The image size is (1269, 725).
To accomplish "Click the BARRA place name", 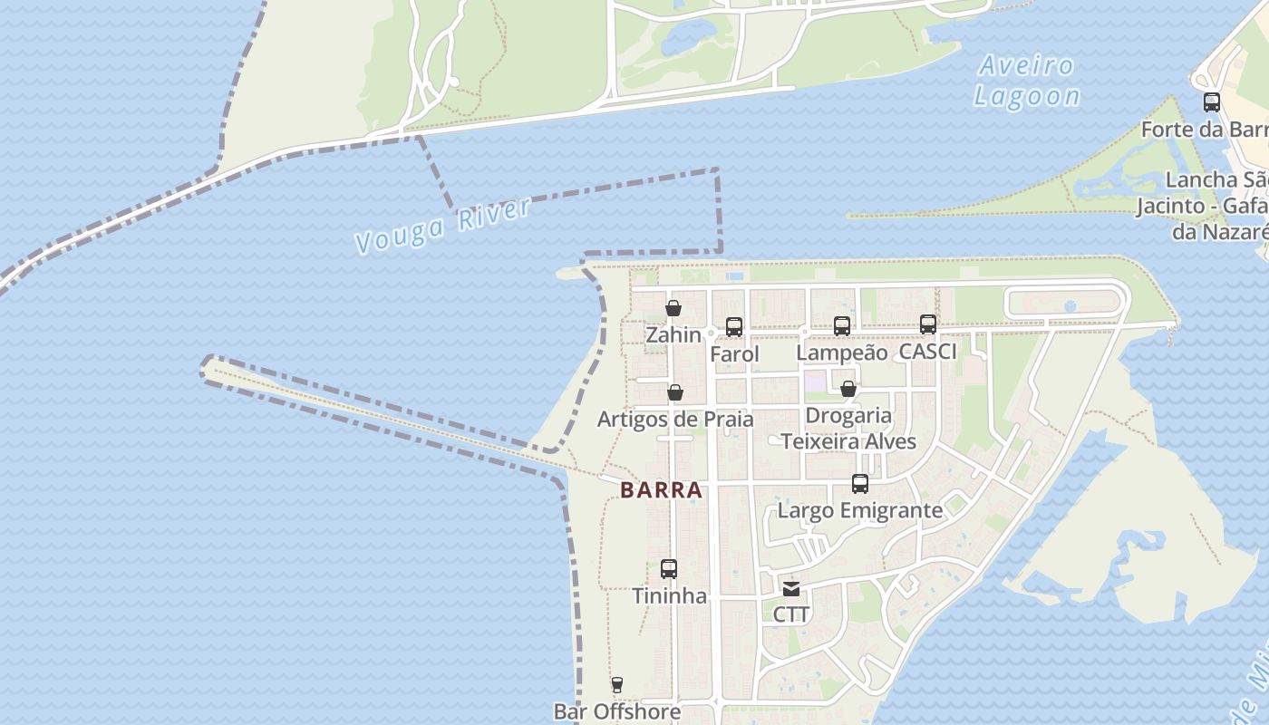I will pyautogui.click(x=662, y=490).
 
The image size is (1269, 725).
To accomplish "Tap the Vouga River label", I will pyautogui.click(x=443, y=225).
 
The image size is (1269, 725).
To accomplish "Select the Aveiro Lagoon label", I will pyautogui.click(x=1026, y=81).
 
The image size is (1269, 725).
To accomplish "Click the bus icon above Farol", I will pyautogui.click(x=734, y=327).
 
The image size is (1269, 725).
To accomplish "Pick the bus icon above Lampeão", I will pyautogui.click(x=842, y=326).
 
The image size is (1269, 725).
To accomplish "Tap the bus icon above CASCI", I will pyautogui.click(x=928, y=324).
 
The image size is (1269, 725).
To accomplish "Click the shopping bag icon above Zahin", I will pyautogui.click(x=673, y=308).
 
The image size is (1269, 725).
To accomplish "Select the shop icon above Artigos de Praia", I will pyautogui.click(x=675, y=392).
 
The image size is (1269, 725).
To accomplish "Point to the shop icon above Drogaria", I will pyautogui.click(x=848, y=389).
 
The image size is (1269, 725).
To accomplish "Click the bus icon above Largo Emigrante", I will pyautogui.click(x=860, y=484).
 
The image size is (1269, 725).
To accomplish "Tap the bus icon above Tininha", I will pyautogui.click(x=669, y=569).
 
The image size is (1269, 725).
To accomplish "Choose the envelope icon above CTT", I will pyautogui.click(x=791, y=589).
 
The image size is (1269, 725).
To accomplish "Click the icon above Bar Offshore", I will pyautogui.click(x=617, y=685).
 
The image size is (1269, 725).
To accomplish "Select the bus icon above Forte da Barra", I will pyautogui.click(x=1212, y=102).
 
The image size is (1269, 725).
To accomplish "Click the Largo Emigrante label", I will pyautogui.click(x=860, y=510).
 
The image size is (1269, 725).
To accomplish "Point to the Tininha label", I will pyautogui.click(x=669, y=596).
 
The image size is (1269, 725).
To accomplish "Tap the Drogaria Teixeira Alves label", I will pyautogui.click(x=848, y=429).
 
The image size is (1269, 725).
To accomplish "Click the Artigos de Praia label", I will pyautogui.click(x=675, y=420).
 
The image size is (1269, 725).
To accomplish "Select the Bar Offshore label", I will pyautogui.click(x=617, y=711).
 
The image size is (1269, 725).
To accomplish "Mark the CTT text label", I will pyautogui.click(x=791, y=614).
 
